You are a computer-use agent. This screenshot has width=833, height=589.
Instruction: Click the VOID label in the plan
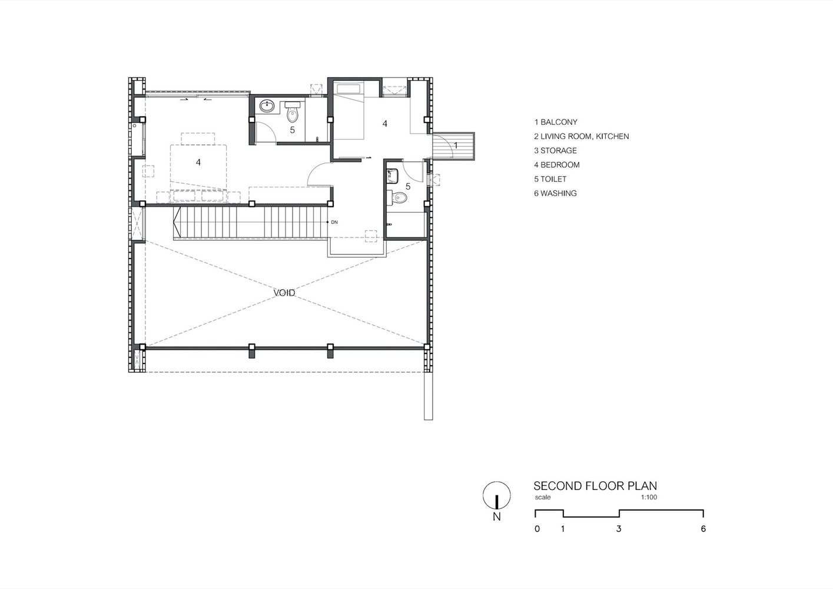click(284, 293)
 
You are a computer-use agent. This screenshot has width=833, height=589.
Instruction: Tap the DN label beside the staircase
click(334, 222)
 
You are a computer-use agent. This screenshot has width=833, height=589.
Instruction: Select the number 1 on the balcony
click(456, 145)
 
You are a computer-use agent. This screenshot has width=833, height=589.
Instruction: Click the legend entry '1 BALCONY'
click(556, 122)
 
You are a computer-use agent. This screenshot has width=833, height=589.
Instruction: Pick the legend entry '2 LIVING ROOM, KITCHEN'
click(581, 136)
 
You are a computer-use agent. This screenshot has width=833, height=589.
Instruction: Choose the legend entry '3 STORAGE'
click(555, 150)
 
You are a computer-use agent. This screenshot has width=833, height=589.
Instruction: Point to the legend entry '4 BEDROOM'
click(557, 165)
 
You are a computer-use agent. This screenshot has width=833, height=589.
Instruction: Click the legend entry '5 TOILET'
click(550, 179)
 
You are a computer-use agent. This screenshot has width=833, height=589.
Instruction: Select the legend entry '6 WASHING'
click(555, 193)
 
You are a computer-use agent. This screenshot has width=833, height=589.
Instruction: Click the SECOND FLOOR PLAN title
click(595, 486)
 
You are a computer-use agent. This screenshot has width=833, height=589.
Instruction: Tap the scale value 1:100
click(649, 497)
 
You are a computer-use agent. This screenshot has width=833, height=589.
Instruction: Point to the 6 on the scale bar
click(703, 529)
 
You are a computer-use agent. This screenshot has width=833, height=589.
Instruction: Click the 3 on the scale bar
click(619, 529)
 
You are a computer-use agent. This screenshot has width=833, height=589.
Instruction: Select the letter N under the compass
click(497, 517)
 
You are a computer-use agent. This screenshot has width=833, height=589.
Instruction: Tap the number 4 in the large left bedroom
click(198, 162)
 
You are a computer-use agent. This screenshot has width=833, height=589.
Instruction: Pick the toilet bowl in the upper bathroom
click(293, 115)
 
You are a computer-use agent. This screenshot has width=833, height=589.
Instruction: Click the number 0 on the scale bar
click(537, 529)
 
